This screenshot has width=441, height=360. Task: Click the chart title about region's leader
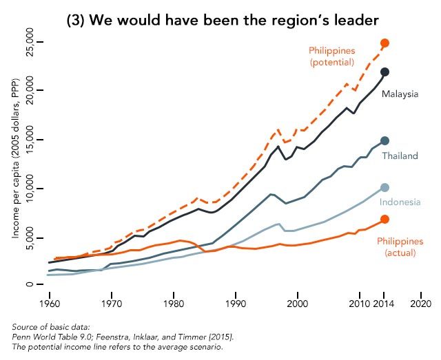tap(220, 20)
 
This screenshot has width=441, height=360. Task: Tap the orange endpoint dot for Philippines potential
tap(385, 43)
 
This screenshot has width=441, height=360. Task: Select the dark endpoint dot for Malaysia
tap(385, 72)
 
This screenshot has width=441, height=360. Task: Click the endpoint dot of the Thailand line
tap(385, 140)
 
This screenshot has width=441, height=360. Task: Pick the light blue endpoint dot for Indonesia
tap(385, 188)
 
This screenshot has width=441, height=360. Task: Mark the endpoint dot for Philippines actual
tap(385, 219)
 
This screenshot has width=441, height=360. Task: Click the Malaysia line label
tap(400, 94)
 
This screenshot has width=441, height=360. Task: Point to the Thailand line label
tap(400, 156)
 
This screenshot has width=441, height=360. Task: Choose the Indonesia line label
tap(400, 202)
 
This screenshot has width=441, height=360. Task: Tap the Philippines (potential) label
tap(331, 56)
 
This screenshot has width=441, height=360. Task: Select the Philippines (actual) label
tap(400, 247)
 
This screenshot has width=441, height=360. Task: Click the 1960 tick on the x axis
tap(49, 303)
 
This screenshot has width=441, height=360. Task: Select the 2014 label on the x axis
tap(384, 303)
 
